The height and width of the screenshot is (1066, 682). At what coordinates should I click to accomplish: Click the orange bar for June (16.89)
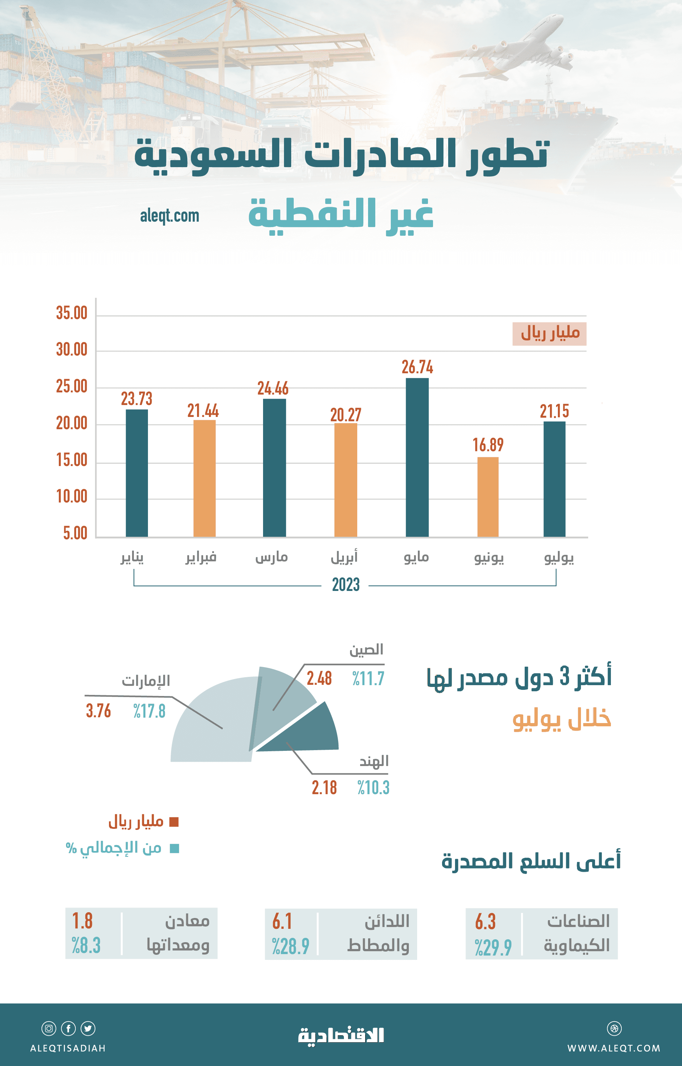click(488, 496)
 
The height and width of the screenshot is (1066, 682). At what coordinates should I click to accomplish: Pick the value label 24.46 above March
click(273, 388)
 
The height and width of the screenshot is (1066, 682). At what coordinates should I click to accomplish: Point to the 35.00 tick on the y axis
click(72, 313)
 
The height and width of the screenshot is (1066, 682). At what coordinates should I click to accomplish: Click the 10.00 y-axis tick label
click(72, 497)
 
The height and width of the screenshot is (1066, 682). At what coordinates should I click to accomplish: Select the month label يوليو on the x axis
click(559, 557)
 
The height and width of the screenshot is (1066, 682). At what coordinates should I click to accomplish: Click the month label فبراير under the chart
click(201, 557)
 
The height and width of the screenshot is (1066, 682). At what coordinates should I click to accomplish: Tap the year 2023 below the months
click(346, 585)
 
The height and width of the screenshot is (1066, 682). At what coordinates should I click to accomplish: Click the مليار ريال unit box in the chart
click(549, 333)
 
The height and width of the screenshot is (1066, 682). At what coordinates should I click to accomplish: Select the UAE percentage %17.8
click(149, 711)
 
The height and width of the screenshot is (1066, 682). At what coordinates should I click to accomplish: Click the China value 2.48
click(319, 678)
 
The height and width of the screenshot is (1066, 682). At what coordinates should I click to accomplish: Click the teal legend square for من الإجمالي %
click(175, 848)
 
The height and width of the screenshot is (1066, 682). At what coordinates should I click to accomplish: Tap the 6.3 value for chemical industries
click(485, 922)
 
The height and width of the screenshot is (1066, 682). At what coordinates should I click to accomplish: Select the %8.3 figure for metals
click(86, 945)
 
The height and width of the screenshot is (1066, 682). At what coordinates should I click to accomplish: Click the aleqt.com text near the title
click(170, 216)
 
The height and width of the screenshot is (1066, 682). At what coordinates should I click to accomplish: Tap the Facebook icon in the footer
click(68, 1028)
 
